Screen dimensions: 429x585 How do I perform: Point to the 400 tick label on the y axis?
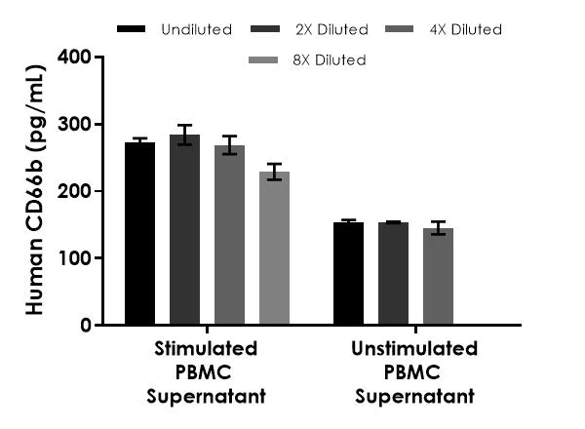tap(74, 58)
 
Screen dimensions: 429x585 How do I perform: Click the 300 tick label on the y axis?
tap(74, 125)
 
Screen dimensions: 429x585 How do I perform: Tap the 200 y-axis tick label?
tap(74, 191)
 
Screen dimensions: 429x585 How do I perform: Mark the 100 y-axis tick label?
tap(74, 258)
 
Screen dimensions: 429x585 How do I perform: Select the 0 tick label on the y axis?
tap(85, 325)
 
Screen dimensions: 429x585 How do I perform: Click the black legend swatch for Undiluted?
tap(131, 29)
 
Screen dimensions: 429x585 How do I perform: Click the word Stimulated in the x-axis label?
tap(206, 349)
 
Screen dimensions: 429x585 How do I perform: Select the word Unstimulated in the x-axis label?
tap(414, 349)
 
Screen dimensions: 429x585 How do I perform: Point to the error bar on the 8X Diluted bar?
tap(274, 172)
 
